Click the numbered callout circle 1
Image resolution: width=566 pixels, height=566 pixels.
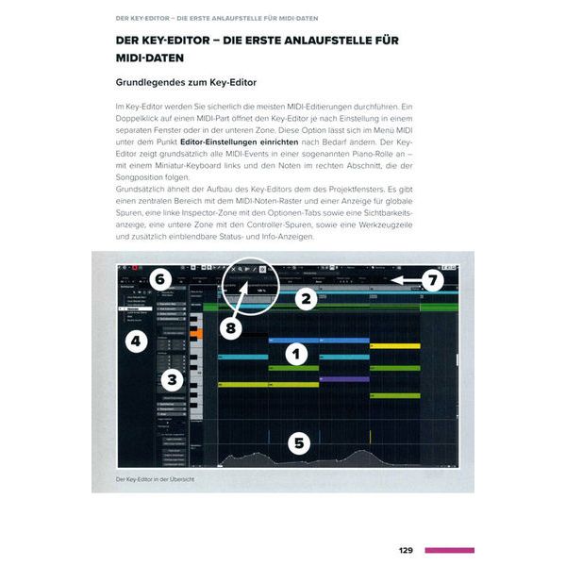[296, 354]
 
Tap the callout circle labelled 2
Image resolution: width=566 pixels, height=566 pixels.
[304, 300]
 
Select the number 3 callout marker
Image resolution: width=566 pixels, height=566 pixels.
[171, 380]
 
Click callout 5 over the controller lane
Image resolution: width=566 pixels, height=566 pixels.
[299, 442]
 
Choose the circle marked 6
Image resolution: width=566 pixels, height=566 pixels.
[159, 279]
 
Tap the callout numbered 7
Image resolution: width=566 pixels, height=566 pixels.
[431, 279]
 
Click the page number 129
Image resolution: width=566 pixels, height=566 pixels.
[406, 550]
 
